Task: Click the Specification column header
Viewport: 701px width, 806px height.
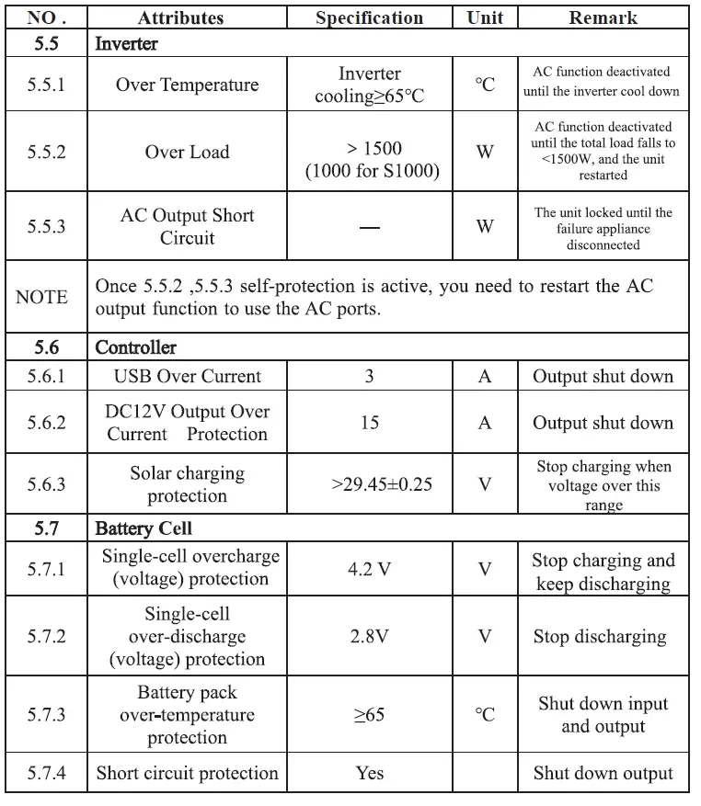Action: (369, 18)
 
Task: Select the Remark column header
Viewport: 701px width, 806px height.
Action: (603, 18)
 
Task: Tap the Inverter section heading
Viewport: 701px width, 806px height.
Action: (126, 44)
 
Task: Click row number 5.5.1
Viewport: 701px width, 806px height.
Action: (47, 85)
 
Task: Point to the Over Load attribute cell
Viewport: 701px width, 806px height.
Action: (187, 152)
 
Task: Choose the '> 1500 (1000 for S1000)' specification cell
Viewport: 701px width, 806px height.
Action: (369, 159)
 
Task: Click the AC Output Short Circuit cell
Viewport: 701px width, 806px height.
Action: (187, 226)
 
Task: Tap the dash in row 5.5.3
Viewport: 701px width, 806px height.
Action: (369, 227)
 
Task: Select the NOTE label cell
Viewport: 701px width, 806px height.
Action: (41, 297)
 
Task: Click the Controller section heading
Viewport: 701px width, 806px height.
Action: (135, 347)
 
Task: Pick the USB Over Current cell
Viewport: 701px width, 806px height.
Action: (187, 376)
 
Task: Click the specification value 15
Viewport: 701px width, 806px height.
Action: (369, 423)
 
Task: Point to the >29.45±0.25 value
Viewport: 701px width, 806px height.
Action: (369, 484)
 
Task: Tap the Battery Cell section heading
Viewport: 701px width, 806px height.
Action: (144, 528)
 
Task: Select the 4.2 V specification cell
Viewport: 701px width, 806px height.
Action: (369, 570)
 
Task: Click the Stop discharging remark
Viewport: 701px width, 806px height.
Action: (599, 636)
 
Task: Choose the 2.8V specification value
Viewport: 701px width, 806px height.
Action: (369, 636)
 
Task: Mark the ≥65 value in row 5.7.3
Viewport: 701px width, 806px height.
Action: (369, 715)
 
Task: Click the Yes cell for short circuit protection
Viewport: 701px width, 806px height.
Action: (369, 774)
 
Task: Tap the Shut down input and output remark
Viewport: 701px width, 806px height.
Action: (603, 715)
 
